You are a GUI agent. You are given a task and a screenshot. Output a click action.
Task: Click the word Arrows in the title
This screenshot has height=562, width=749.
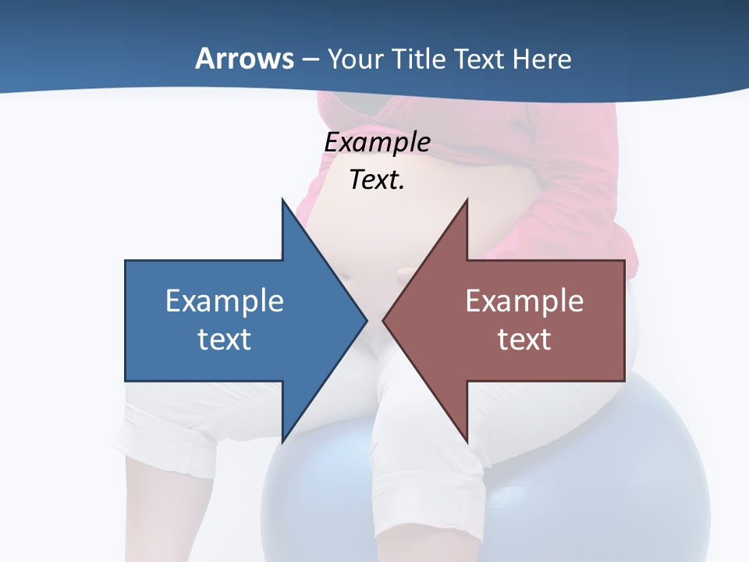pos(244,59)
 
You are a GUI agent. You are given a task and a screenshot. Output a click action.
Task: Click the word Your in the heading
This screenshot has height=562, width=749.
pos(354,59)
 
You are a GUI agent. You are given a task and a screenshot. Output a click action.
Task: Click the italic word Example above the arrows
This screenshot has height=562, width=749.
pos(377,143)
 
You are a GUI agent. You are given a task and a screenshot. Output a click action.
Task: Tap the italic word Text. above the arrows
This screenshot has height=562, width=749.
pos(377,180)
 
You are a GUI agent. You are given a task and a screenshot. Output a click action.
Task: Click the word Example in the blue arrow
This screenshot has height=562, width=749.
pos(225,301)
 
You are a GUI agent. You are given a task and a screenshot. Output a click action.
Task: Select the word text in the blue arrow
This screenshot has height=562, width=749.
pos(225,339)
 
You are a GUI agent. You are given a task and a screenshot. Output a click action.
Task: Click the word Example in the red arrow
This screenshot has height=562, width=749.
pos(524,301)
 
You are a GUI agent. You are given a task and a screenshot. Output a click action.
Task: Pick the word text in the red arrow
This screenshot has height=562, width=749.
pos(524,339)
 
